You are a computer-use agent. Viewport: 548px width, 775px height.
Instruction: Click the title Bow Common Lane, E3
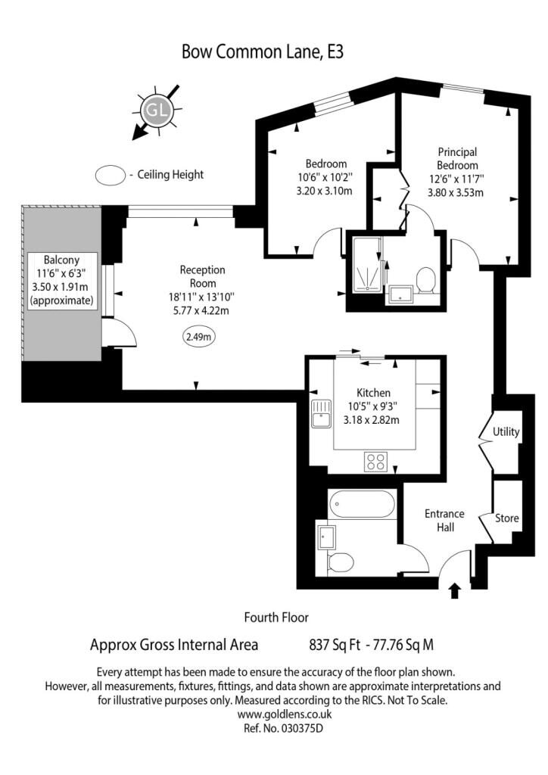[263, 52]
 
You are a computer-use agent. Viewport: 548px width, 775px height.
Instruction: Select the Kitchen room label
[374, 393]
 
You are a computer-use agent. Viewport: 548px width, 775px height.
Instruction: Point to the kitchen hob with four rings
[375, 462]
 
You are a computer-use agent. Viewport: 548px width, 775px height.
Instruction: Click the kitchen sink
[322, 413]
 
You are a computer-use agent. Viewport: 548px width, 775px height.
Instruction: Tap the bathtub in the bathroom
[363, 504]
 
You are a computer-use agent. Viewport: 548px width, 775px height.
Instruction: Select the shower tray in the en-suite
[367, 263]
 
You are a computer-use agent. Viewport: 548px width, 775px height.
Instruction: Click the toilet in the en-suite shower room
[425, 280]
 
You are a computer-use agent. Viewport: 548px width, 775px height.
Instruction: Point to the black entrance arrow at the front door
[455, 591]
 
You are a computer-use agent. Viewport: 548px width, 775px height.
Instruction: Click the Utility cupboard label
[506, 432]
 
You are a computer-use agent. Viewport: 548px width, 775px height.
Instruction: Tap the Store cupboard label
[507, 518]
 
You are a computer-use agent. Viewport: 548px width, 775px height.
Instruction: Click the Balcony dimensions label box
[62, 281]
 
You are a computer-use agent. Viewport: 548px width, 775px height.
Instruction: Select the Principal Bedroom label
[457, 159]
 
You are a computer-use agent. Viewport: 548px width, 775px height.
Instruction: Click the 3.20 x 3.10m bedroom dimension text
[324, 191]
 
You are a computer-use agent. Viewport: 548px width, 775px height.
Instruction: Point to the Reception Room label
[202, 276]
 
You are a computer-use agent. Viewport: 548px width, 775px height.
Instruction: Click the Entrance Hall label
[445, 521]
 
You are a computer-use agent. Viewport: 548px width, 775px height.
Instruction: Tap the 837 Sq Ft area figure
[335, 645]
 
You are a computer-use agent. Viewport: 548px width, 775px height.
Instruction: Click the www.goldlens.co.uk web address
[284, 714]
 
